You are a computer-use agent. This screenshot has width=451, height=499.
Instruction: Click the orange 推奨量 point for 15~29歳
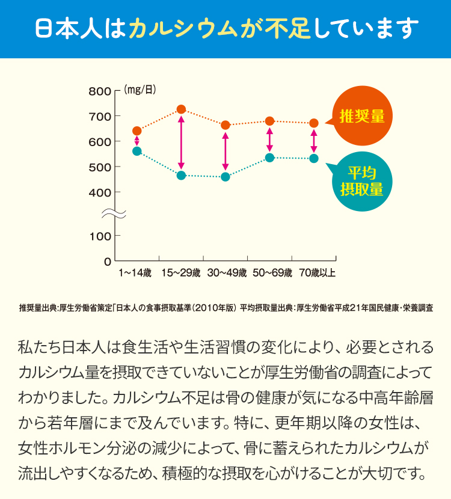[x=181, y=109]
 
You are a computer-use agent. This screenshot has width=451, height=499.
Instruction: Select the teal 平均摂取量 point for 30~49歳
[x=226, y=177]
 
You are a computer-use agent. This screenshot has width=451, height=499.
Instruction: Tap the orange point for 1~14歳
[x=137, y=131]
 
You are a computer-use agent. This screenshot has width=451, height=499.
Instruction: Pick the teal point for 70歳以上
[x=314, y=159]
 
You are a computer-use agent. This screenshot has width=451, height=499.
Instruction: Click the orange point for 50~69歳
[x=269, y=121]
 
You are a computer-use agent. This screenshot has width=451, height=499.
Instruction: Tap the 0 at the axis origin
[x=107, y=262]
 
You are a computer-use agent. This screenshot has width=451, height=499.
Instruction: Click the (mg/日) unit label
[x=140, y=90]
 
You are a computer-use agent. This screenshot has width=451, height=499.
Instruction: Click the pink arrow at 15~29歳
[x=181, y=142]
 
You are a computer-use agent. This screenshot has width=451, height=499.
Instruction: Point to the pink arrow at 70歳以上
[x=314, y=141]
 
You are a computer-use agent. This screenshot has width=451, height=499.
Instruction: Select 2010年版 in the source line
[x=210, y=307]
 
